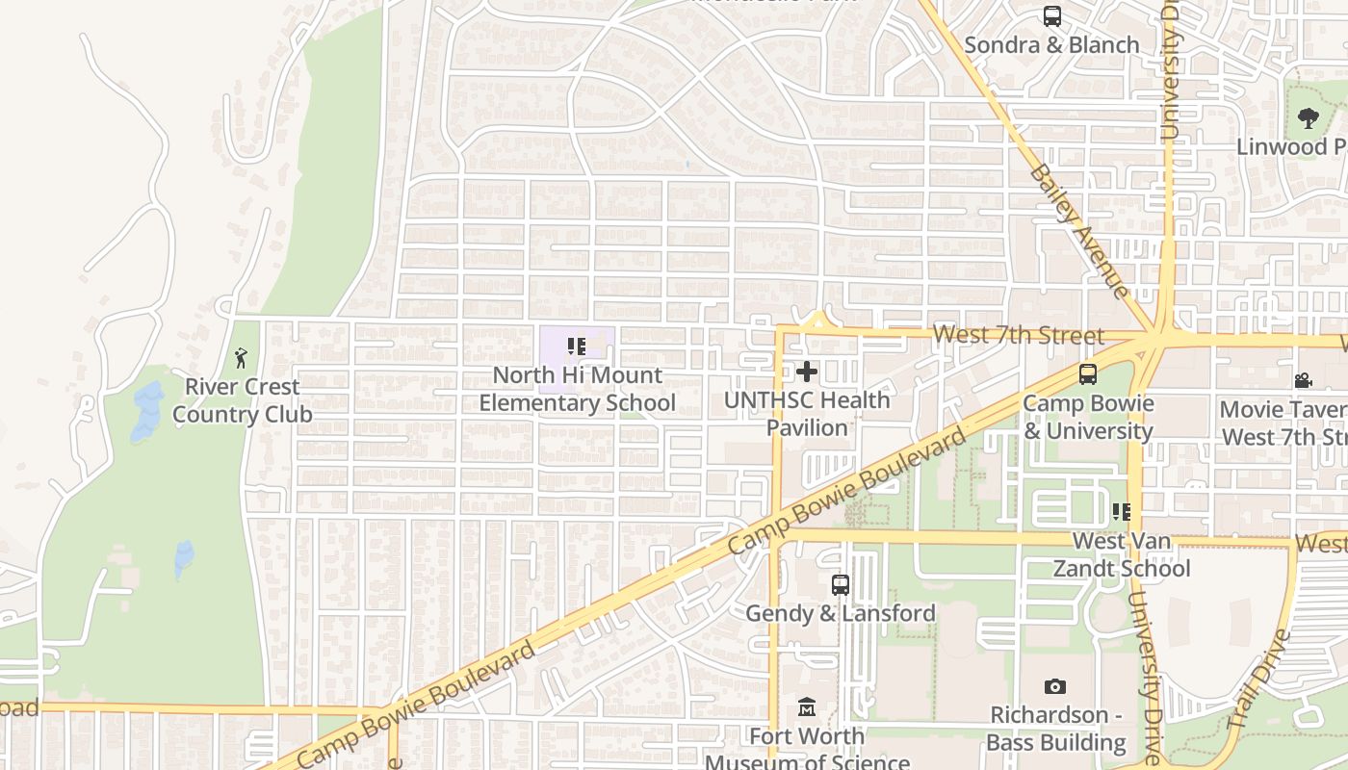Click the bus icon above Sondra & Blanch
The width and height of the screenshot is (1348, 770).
point(1051,16)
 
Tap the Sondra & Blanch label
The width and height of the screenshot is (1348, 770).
point(1051,44)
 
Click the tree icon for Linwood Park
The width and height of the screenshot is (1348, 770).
point(1308,118)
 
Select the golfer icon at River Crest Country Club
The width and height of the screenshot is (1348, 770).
point(241,359)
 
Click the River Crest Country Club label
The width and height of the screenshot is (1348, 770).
point(243,400)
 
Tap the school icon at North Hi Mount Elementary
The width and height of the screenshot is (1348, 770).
point(577,346)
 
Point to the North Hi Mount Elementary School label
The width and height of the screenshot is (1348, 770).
point(578,389)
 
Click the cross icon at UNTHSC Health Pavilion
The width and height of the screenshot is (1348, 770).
point(807,372)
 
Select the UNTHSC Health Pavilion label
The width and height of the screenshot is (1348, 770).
point(807,413)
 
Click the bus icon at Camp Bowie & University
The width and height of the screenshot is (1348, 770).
point(1088,374)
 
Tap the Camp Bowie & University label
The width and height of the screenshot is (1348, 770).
point(1088,417)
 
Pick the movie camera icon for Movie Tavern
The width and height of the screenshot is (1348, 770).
point(1304,380)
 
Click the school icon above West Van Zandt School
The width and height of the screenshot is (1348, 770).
point(1121,511)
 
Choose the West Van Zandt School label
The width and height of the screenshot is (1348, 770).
point(1122,554)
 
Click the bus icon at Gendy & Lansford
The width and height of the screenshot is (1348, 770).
point(841,584)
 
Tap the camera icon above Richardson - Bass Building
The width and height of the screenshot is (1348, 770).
point(1055,686)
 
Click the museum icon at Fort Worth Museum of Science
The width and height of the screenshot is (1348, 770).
point(807,709)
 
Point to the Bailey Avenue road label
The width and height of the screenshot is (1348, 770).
point(1077,230)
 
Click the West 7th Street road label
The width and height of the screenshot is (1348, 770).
point(1018,335)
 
